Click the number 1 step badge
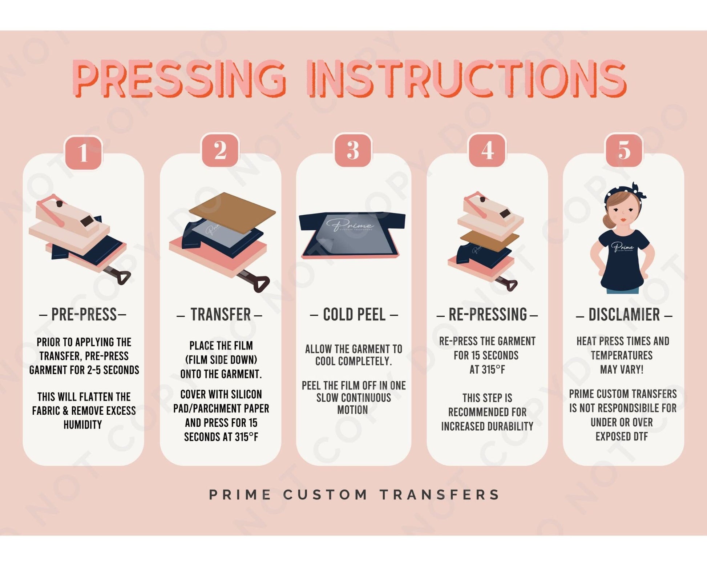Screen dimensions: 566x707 (83, 152)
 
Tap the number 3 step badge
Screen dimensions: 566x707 (353, 150)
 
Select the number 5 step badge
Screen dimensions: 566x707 (624, 150)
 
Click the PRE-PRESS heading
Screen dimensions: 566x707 (84, 315)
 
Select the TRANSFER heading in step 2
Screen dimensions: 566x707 (221, 315)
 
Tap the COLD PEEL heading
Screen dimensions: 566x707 (354, 315)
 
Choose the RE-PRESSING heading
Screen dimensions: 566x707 (488, 315)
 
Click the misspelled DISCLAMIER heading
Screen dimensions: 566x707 (624, 315)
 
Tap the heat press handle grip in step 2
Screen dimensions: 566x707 (262, 284)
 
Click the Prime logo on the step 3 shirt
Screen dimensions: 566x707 (349, 224)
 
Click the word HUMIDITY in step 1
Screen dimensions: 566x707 (83, 424)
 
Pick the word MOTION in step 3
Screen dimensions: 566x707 (352, 410)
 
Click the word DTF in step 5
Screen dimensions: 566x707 (640, 436)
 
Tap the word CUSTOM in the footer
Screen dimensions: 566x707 (325, 495)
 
